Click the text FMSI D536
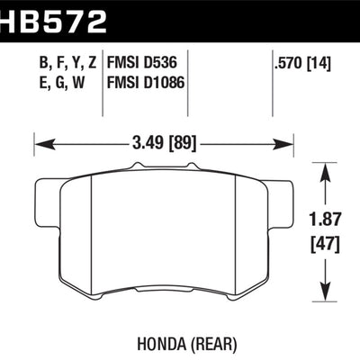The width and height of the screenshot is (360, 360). [145, 65]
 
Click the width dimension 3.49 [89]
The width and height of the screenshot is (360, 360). [164, 142]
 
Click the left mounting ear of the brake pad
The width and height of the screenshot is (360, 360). [43, 193]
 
